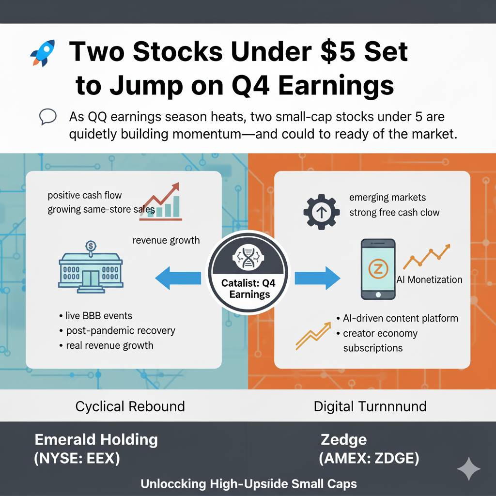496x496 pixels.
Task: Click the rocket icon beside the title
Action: [43, 53]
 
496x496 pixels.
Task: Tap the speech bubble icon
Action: [48, 116]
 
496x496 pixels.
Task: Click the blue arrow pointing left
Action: [178, 278]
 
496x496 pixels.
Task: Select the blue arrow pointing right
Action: [317, 278]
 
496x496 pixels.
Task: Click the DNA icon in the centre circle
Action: [248, 257]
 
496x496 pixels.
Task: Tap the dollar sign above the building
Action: [91, 246]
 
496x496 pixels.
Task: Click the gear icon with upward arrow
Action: [322, 212]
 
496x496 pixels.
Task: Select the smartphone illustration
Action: [378, 269]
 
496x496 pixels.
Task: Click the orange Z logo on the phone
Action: [378, 269]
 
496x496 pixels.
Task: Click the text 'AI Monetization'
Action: [429, 279]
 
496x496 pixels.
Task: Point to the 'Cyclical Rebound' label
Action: [130, 406]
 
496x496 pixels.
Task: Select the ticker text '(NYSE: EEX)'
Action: [77, 458]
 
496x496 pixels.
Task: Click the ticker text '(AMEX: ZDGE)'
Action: [369, 458]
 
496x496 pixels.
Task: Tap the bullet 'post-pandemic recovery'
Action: [121, 330]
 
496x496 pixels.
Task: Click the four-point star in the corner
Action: [469, 469]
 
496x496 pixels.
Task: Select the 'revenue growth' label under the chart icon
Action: [166, 240]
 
